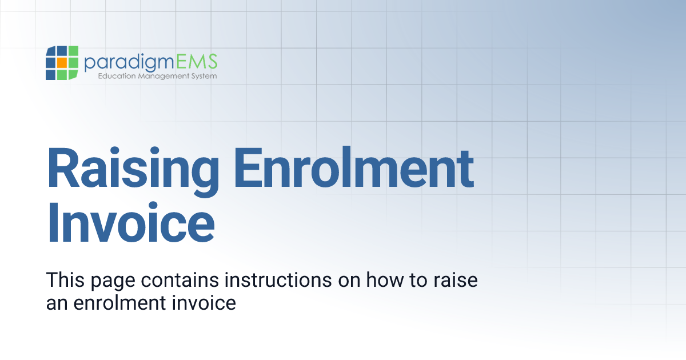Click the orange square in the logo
(62, 63)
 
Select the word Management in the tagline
(162, 76)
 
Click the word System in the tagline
(204, 76)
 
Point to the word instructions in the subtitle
(277, 281)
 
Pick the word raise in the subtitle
(454, 281)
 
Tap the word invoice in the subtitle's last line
(204, 302)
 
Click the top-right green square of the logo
(73, 51)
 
